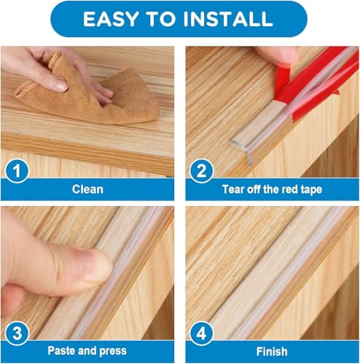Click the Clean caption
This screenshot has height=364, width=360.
pos(87,189)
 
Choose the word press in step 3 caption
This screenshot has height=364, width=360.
pos(111,352)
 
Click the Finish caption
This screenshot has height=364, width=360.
pos(270,352)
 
